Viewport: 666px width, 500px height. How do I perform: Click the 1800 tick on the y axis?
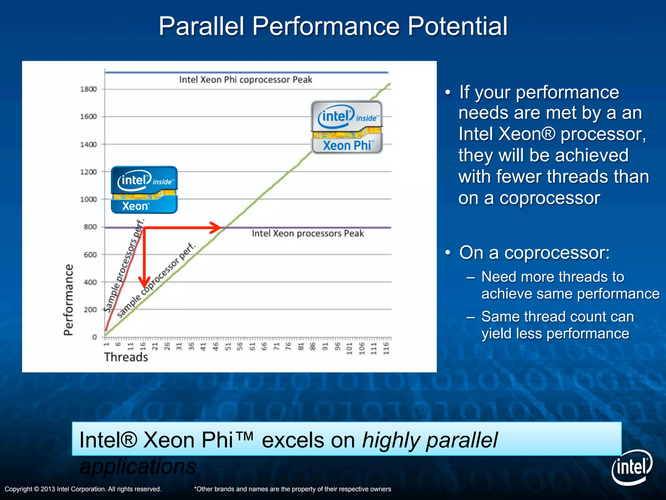[88, 89]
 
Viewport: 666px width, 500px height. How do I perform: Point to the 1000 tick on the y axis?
[88, 199]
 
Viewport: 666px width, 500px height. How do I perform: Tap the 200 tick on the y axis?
[90, 310]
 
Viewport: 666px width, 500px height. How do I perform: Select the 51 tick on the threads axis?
[228, 346]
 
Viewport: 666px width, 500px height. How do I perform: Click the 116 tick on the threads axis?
[386, 348]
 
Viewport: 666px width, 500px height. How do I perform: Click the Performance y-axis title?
[69, 299]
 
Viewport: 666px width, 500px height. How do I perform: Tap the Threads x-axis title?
[126, 357]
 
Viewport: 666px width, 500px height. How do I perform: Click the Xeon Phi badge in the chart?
[347, 127]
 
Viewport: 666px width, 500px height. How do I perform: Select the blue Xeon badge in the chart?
[144, 190]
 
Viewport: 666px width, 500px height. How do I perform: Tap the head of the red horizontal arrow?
[217, 228]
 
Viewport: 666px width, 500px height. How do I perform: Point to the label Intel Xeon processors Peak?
[308, 233]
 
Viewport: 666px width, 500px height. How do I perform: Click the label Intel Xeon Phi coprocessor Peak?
[246, 80]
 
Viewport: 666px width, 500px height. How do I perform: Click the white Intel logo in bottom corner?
[632, 467]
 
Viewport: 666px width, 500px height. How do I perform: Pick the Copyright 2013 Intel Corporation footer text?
[83, 489]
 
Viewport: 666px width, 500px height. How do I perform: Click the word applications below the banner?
[138, 466]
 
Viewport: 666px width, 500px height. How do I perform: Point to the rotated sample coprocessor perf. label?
[156, 280]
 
